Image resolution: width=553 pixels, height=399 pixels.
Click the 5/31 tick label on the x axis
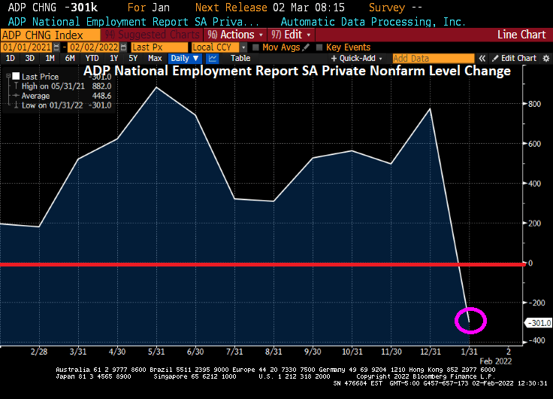[x=156, y=351]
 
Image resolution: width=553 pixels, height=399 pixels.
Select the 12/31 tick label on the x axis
[x=430, y=351]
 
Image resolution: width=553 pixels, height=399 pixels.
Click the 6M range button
[x=70, y=58]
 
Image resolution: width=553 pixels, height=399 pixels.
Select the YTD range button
[x=92, y=58]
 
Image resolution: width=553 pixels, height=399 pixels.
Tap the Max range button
[x=155, y=58]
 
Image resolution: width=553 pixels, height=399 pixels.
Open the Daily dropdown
[x=184, y=58]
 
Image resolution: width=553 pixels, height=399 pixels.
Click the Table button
[x=240, y=58]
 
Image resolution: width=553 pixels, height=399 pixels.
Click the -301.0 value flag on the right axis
[x=539, y=323]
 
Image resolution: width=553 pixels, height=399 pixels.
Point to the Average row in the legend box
[x=37, y=96]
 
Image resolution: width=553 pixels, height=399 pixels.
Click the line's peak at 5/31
[x=156, y=88]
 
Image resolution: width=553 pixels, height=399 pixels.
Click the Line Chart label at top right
[x=521, y=35]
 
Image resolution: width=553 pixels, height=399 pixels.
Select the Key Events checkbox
[x=319, y=47]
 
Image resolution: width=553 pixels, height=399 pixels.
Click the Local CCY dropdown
[x=218, y=47]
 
